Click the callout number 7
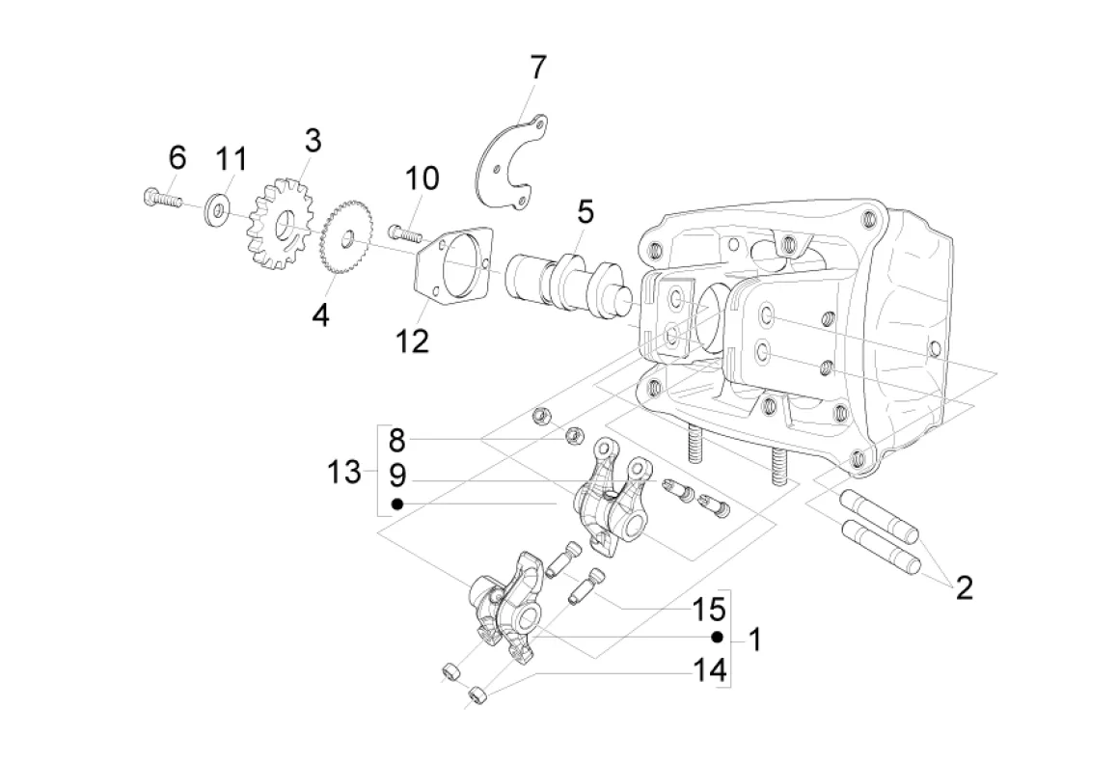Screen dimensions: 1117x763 [538, 68]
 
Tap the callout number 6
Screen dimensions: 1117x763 [177, 156]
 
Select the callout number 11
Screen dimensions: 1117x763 [232, 159]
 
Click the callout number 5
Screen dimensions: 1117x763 [585, 211]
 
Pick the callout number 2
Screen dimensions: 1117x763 [964, 588]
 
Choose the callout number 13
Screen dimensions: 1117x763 [344, 472]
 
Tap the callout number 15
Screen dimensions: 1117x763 [709, 609]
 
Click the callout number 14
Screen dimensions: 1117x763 [710, 670]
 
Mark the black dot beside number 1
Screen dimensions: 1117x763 [718, 637]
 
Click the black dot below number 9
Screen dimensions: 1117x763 [397, 504]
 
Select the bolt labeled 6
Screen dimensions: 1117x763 [164, 198]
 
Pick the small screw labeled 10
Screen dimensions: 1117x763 [404, 232]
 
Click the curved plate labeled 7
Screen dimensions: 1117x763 [511, 162]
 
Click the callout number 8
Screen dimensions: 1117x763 [396, 441]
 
